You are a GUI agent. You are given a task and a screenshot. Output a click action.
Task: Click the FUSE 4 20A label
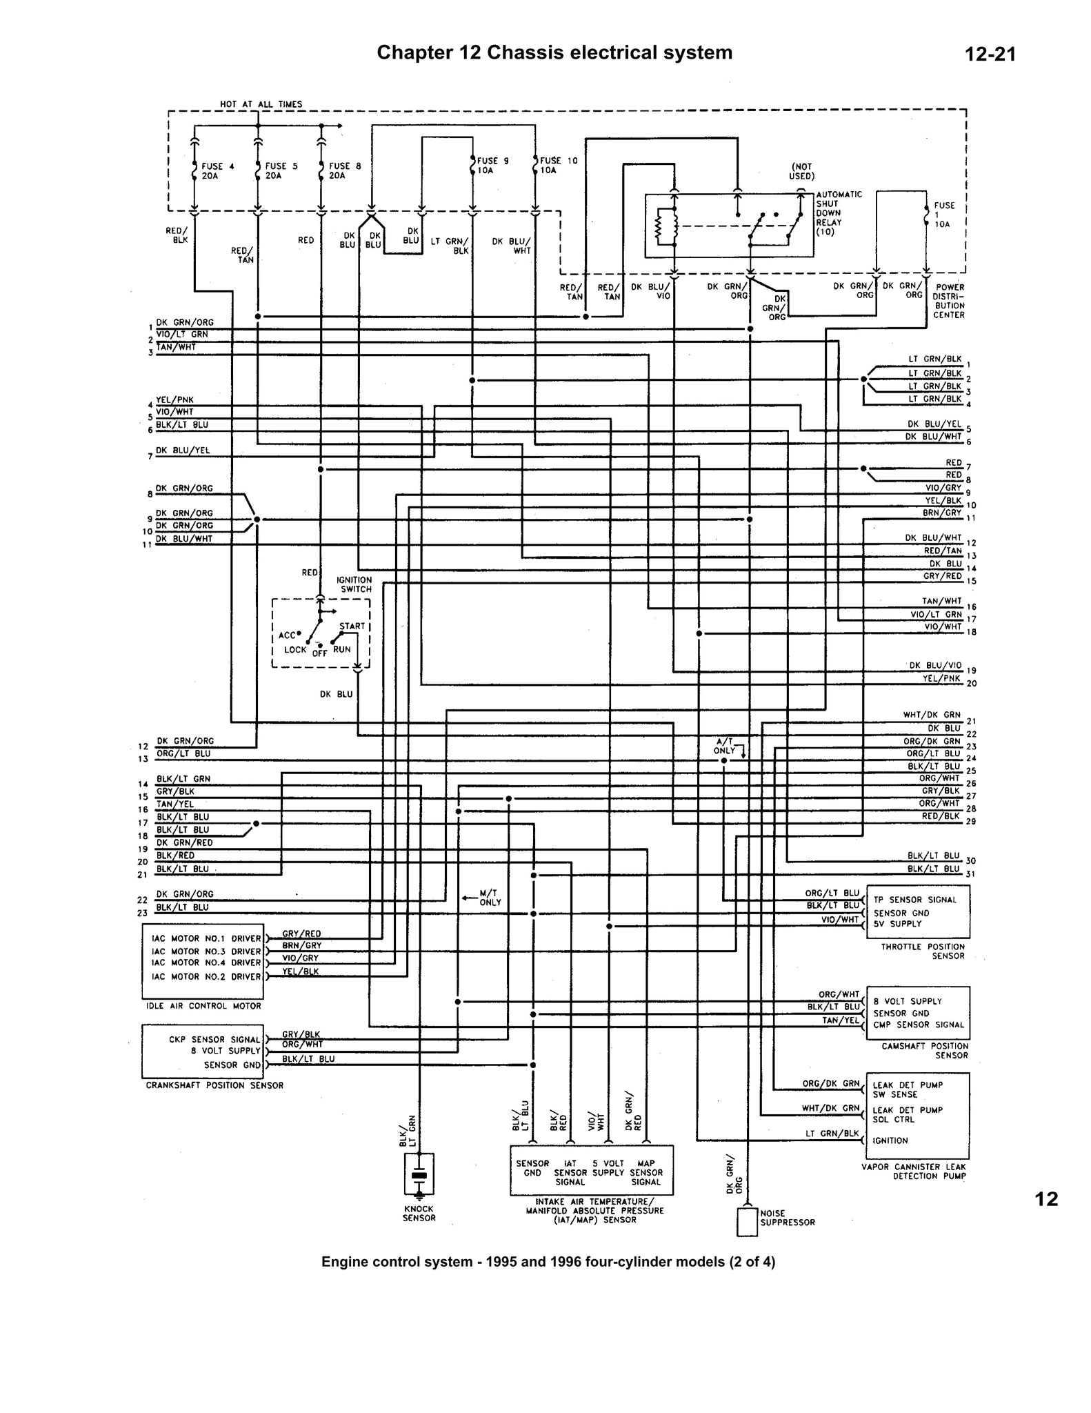point(217,170)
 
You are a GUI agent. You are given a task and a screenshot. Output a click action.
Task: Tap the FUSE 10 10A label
point(559,165)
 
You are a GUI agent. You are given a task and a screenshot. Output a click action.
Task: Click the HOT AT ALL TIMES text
point(261,104)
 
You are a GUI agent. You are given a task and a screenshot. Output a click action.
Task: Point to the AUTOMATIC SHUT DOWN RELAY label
point(839,213)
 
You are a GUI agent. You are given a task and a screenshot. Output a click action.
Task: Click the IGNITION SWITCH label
point(355,584)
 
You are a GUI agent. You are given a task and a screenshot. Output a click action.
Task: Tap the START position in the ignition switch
point(352,626)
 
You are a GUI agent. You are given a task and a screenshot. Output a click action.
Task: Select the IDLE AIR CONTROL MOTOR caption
point(204,1006)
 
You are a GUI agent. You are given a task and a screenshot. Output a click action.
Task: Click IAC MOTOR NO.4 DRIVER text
point(206,962)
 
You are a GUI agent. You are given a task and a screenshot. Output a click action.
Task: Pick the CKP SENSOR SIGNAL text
point(214,1039)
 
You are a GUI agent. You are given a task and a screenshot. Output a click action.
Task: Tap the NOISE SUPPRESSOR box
point(747,1222)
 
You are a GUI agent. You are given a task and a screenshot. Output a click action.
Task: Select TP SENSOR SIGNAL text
point(914,900)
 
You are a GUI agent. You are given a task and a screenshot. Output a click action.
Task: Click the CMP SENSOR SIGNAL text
point(919,1025)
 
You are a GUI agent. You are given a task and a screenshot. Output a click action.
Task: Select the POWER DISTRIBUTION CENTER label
point(950,301)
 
